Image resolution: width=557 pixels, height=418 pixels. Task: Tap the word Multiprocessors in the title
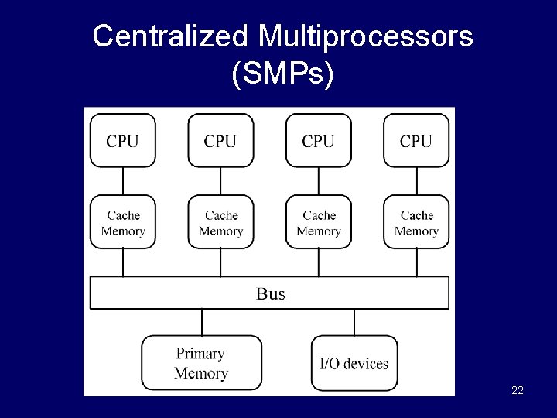pyautogui.click(x=366, y=36)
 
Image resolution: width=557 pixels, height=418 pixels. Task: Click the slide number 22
pyautogui.click(x=518, y=390)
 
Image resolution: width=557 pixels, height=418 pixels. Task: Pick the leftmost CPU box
pyautogui.click(x=123, y=140)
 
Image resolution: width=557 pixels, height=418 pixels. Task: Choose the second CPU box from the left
pyautogui.click(x=220, y=140)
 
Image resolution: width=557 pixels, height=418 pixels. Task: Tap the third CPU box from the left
pyautogui.click(x=318, y=140)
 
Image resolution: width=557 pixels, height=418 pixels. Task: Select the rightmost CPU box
pyautogui.click(x=416, y=140)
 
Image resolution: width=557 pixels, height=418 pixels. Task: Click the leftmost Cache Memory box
pyautogui.click(x=123, y=222)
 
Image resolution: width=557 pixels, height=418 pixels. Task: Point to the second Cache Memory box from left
pyautogui.click(x=220, y=222)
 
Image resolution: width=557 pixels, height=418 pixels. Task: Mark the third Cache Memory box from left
pyautogui.click(x=318, y=222)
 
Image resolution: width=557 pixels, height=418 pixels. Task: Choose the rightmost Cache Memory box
pyautogui.click(x=416, y=222)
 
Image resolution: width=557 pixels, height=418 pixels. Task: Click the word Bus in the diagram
pyautogui.click(x=270, y=293)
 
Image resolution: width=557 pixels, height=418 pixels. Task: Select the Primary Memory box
pyautogui.click(x=200, y=363)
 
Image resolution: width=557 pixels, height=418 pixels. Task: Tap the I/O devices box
pyautogui.click(x=354, y=363)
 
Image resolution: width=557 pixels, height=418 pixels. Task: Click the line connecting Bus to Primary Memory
pyautogui.click(x=203, y=322)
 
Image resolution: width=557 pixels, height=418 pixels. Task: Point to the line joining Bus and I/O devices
pyautogui.click(x=354, y=322)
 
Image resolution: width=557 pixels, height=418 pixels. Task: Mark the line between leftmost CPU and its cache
pyautogui.click(x=123, y=181)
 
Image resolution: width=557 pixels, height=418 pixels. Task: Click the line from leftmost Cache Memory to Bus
pyautogui.click(x=123, y=262)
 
